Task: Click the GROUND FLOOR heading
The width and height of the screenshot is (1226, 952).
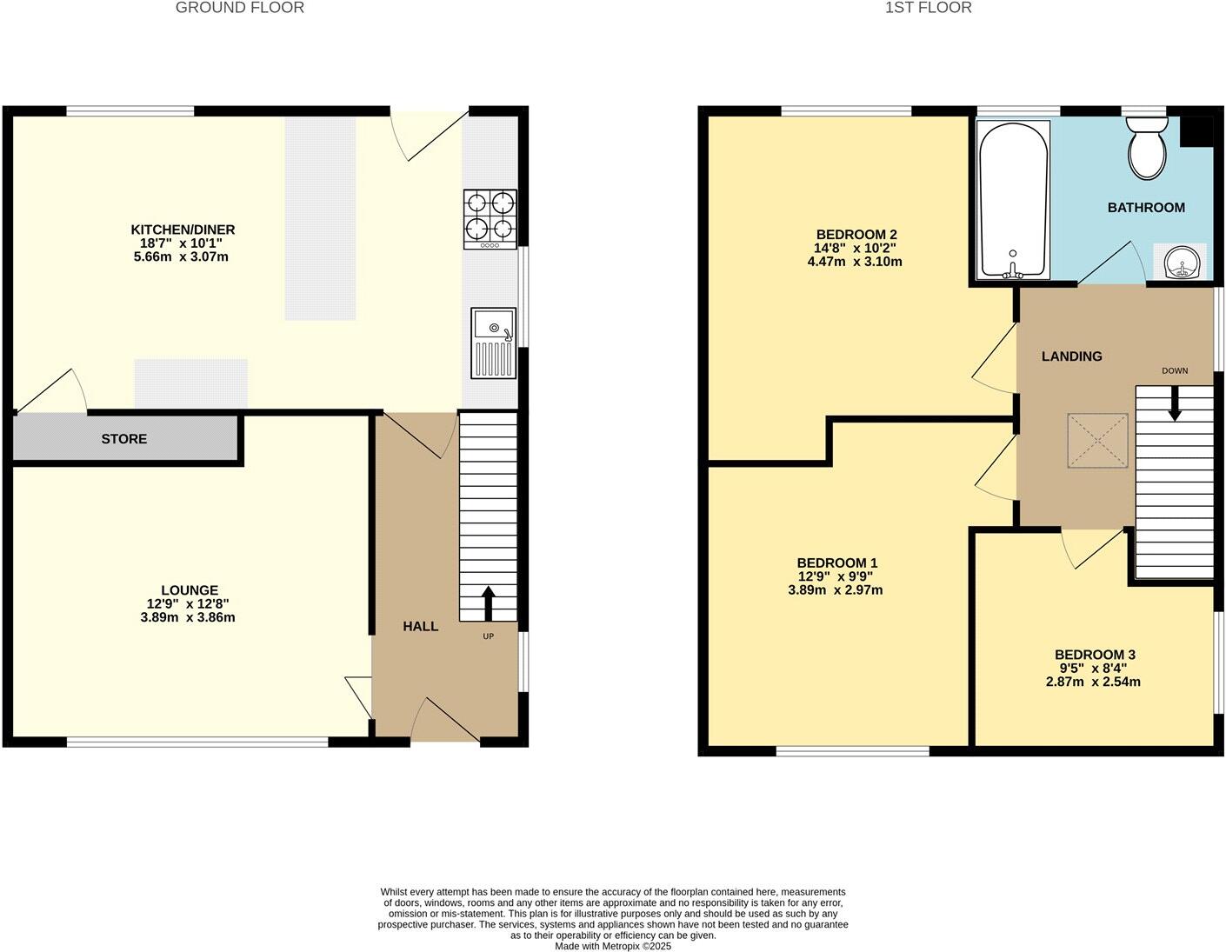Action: pos(240,8)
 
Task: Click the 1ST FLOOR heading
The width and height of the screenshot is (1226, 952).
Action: pos(928,8)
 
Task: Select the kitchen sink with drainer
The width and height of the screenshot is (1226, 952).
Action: pos(493,343)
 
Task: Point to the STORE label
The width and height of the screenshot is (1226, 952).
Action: pos(124,439)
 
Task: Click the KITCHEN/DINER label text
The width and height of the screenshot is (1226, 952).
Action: pos(183,230)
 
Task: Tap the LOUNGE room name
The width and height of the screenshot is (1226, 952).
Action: pos(189,589)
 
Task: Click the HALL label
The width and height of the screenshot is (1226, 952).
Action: pos(420,626)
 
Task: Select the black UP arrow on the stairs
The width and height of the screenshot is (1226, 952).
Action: pos(487,602)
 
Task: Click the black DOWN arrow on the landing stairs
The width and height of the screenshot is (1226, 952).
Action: pos(1174,403)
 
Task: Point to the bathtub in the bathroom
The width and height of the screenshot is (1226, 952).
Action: pos(1013,200)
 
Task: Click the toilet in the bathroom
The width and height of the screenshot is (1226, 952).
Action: pos(1149,150)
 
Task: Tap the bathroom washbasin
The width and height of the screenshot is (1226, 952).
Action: pos(1180,262)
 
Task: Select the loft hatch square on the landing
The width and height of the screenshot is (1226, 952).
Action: pos(1098,441)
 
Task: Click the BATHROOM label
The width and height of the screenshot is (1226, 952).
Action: pos(1146,208)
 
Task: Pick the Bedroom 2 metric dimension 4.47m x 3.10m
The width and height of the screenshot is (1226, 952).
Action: pos(855,262)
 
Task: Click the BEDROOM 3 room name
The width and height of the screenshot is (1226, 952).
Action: pos(1095,655)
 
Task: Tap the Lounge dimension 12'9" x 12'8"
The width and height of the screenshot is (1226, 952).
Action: pos(188,603)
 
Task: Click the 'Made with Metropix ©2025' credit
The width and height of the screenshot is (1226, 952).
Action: pos(613,946)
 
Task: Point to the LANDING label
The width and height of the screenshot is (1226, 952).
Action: pos(1071,356)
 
